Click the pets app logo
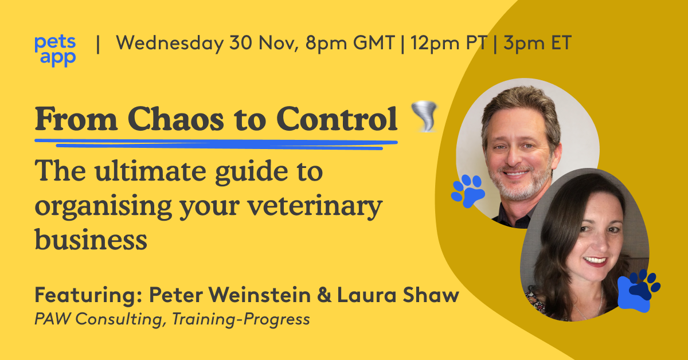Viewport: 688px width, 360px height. coord(55,49)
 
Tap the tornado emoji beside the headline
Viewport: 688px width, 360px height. coord(424,118)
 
